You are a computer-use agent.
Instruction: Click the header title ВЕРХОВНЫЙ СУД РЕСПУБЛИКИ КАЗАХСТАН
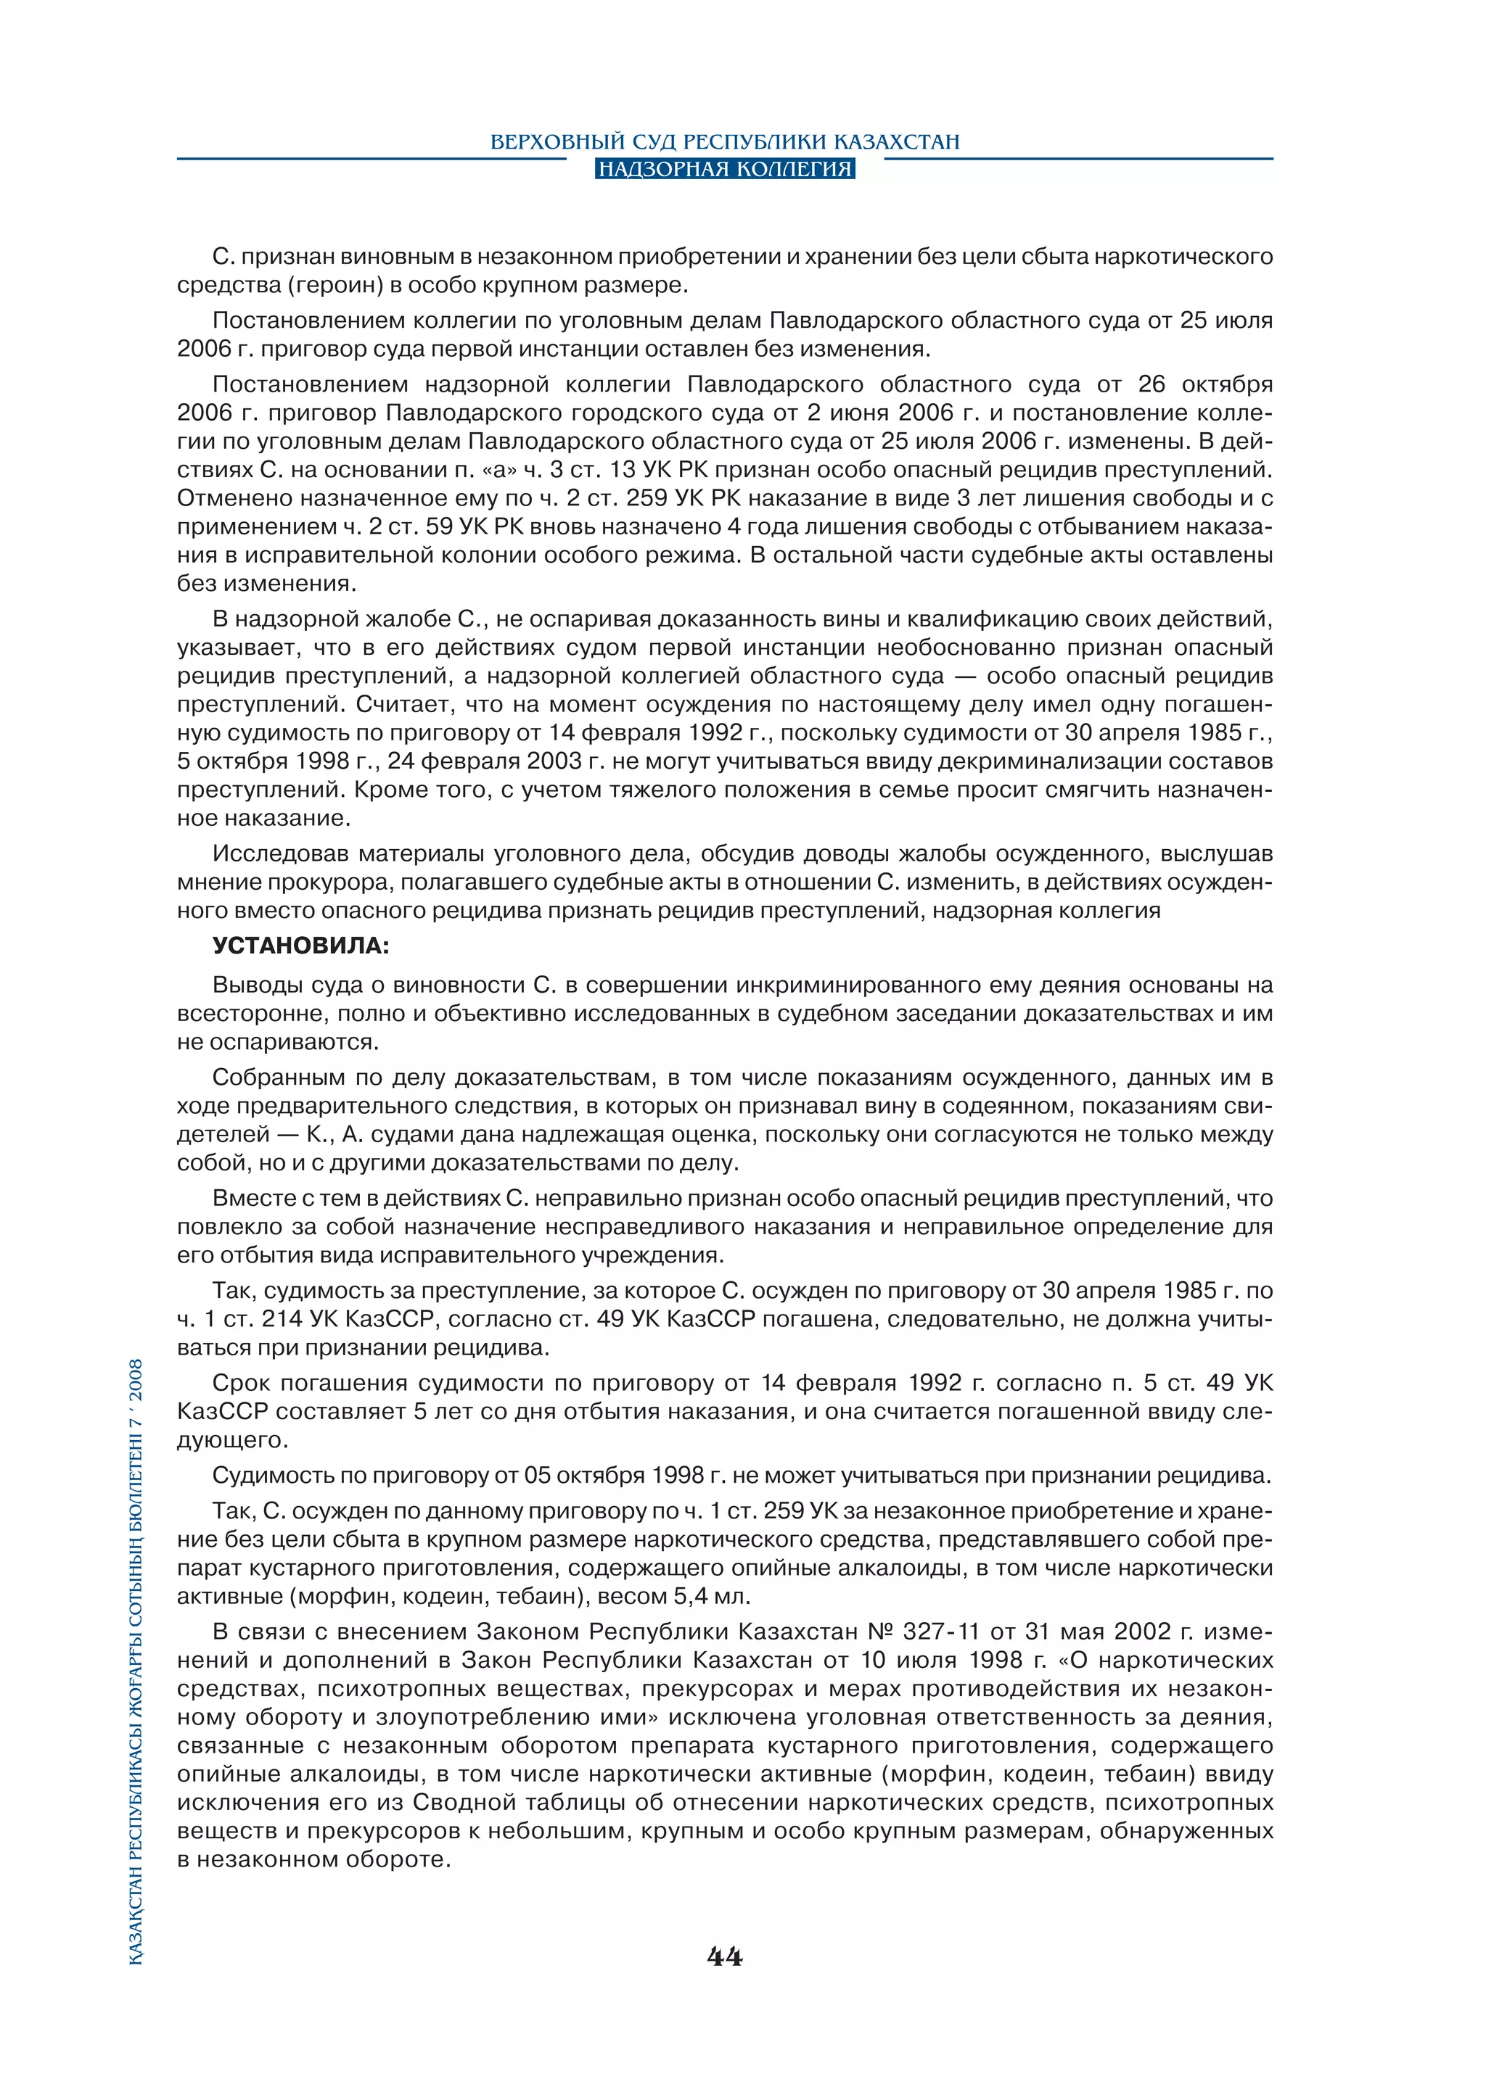[725, 142]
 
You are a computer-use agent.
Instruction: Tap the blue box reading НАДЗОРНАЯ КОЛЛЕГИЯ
[725, 169]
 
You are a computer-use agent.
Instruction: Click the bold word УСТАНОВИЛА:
[301, 946]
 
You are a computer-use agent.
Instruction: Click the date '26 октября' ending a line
[1204, 384]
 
